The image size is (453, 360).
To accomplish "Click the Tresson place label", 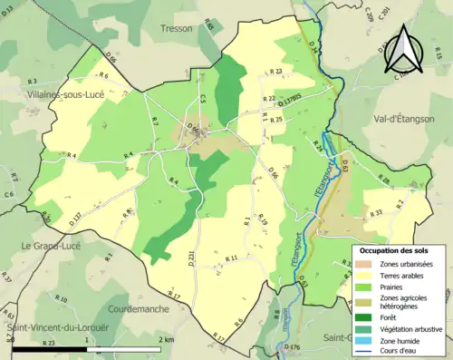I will point(176,28).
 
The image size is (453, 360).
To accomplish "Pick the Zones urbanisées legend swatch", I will point(362,263).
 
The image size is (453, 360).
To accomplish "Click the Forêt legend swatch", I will point(362,316).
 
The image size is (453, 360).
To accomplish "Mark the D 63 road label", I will point(344,163).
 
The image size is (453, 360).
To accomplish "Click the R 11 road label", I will point(230,258).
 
